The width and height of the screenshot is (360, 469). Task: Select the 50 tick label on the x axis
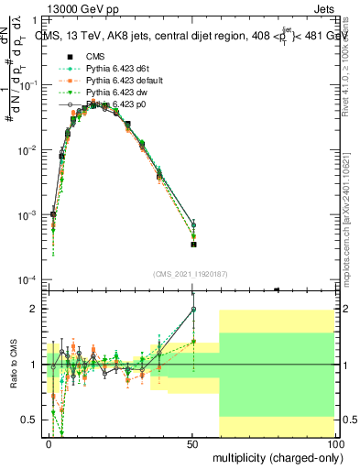coord(192,442)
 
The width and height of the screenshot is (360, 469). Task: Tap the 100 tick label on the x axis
coord(334,442)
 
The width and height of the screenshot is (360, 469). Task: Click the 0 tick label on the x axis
coord(49,442)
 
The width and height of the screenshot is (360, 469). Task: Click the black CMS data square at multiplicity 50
coord(193,245)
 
